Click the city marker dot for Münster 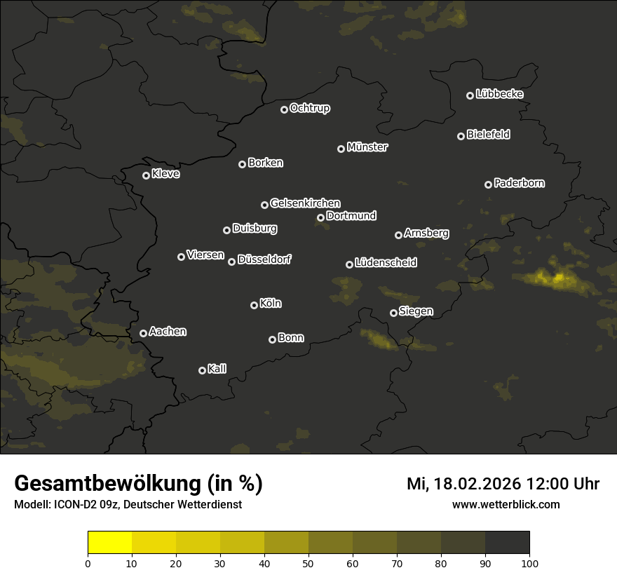(341, 149)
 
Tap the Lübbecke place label (499, 94)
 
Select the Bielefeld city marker (461, 136)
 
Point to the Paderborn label (519, 183)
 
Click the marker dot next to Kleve (147, 175)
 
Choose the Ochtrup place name (309, 108)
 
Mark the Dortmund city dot (321, 217)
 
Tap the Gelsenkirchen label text (305, 203)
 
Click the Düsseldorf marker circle (232, 262)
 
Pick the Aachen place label (168, 332)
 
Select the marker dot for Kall (203, 370)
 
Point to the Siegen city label (416, 311)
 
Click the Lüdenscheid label (386, 263)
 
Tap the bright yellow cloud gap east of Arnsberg (558, 278)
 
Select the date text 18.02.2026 (473, 484)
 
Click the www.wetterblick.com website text (506, 504)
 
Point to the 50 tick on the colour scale (308, 563)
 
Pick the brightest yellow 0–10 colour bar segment (110, 543)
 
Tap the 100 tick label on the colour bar (529, 563)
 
